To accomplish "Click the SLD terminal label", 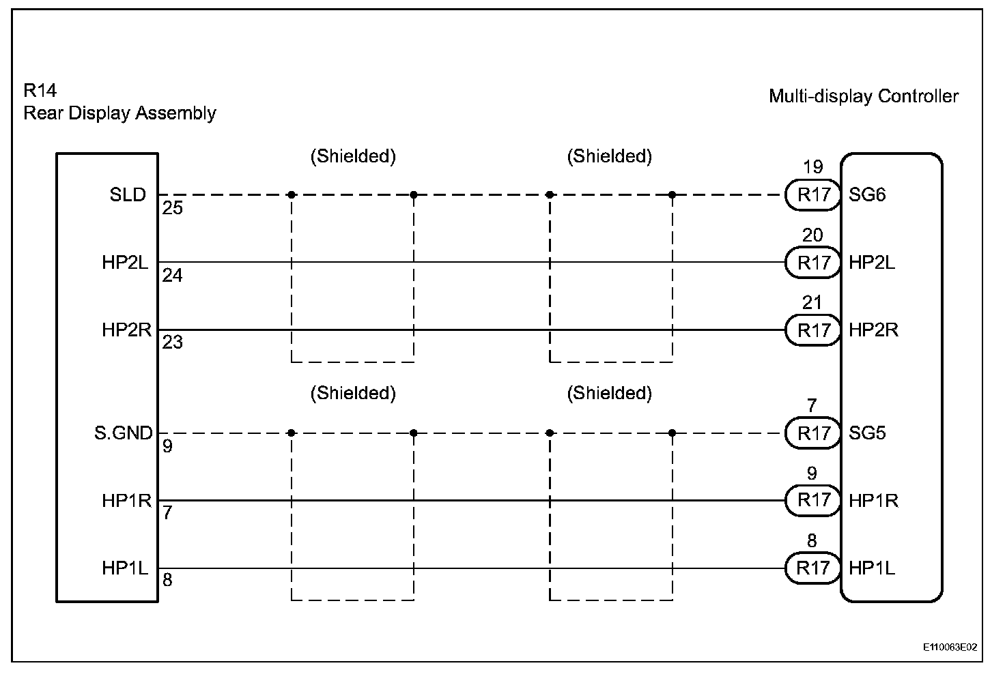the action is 128,195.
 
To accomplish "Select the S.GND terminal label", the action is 123,433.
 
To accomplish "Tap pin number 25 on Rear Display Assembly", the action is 173,208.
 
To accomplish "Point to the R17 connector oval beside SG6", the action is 813,195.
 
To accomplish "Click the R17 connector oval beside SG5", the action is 813,433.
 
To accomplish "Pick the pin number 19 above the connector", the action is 812,167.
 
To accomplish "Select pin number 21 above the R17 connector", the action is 812,302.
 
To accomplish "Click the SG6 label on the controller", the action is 867,195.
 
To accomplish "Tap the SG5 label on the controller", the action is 867,433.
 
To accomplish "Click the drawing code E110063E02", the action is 950,647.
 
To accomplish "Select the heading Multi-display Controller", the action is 864,96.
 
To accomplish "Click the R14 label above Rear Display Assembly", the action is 40,91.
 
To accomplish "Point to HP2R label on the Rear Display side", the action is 126,330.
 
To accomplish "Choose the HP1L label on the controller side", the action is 872,568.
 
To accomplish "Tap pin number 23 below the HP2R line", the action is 173,342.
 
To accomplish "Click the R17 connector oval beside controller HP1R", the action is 813,500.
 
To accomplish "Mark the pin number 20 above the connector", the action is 812,235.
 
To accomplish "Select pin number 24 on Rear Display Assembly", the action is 173,276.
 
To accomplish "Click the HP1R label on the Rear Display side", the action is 126,500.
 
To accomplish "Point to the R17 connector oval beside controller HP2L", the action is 813,263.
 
